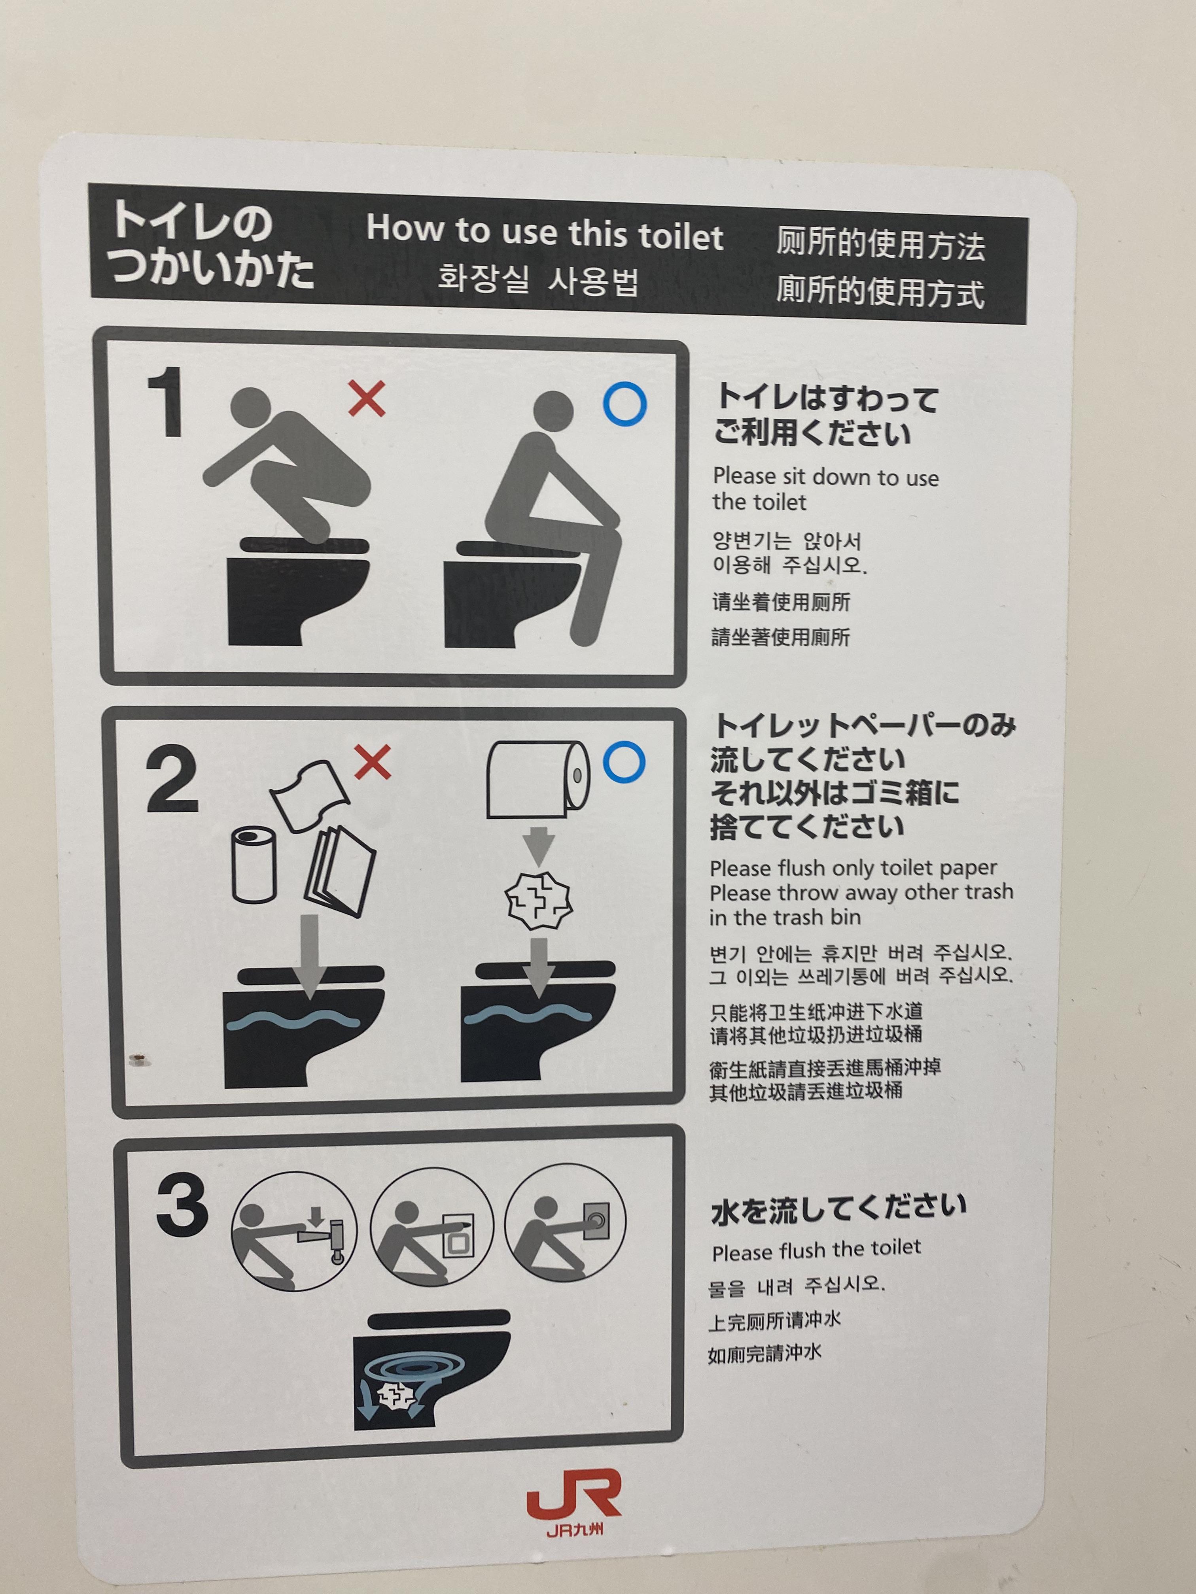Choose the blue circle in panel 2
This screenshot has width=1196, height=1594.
(624, 763)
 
